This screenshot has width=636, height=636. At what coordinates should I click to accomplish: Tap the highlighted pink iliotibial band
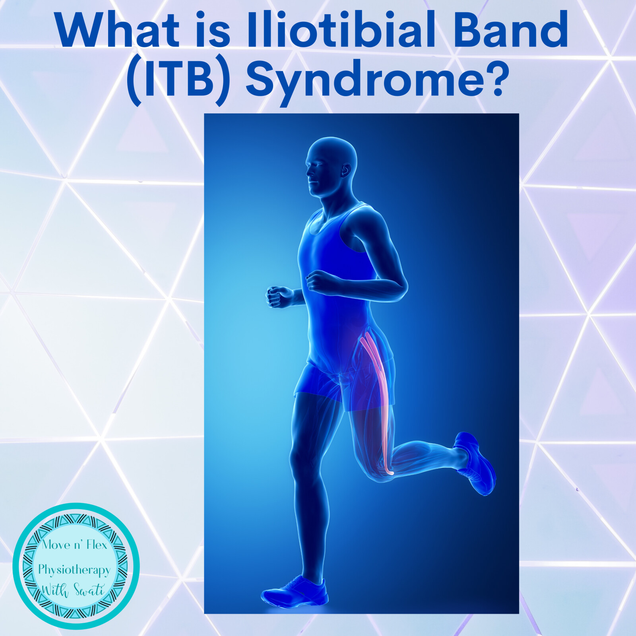[x=378, y=401]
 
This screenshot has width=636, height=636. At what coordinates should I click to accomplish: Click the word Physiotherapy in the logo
[x=74, y=570]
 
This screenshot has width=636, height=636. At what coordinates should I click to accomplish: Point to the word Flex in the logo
[x=97, y=545]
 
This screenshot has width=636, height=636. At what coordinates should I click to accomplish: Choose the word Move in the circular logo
[x=55, y=545]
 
